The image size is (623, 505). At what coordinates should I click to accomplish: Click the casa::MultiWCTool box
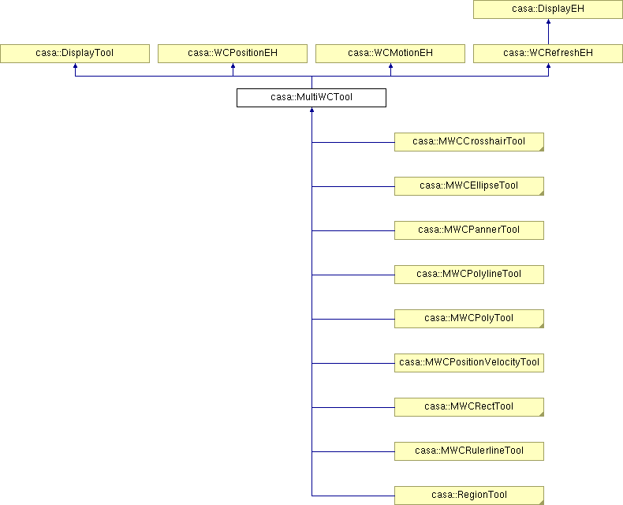tap(311, 98)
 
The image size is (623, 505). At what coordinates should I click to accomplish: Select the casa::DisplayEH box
tap(548, 9)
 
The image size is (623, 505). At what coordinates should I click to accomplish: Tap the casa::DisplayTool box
tap(75, 54)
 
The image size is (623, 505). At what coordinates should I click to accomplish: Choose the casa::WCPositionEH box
tap(233, 54)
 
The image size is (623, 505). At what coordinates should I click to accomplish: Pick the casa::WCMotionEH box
tap(390, 54)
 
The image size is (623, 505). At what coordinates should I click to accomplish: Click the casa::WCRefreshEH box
tap(548, 54)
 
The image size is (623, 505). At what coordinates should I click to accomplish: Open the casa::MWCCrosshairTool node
tap(469, 142)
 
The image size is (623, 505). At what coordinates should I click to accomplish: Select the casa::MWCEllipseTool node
tap(469, 186)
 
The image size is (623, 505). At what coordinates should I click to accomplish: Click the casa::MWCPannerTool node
tap(469, 230)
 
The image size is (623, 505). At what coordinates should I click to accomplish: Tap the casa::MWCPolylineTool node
tap(469, 275)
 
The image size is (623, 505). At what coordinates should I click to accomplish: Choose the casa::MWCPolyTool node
tap(469, 319)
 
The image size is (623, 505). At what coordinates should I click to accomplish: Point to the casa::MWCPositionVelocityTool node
tap(469, 363)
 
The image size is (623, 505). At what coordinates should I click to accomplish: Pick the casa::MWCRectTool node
tap(469, 407)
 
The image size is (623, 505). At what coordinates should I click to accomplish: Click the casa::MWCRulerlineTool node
tap(469, 451)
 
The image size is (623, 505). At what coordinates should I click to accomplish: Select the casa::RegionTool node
tap(469, 496)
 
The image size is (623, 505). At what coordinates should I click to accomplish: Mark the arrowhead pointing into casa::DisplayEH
tap(548, 21)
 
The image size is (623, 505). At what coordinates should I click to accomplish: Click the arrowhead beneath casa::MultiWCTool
tap(312, 110)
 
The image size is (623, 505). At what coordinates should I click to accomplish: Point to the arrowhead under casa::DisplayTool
tap(75, 65)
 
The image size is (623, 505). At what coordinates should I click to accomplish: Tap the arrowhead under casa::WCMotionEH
tap(390, 65)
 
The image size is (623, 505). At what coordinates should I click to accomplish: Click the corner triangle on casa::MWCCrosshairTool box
tap(542, 148)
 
